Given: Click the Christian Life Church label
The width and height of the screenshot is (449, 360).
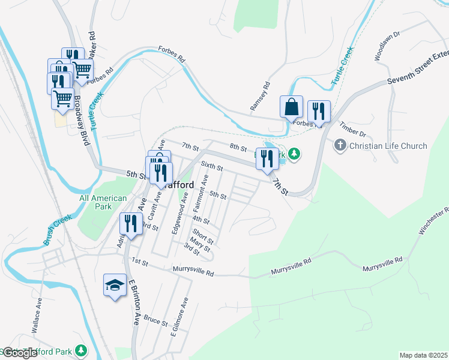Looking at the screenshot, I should click(388, 146).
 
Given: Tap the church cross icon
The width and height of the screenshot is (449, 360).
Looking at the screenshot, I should click(340, 145).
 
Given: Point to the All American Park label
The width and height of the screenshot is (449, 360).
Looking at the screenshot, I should click(103, 202).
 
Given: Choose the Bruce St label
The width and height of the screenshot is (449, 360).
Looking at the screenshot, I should click(155, 321).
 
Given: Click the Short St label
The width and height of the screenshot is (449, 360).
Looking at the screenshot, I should click(203, 236).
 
